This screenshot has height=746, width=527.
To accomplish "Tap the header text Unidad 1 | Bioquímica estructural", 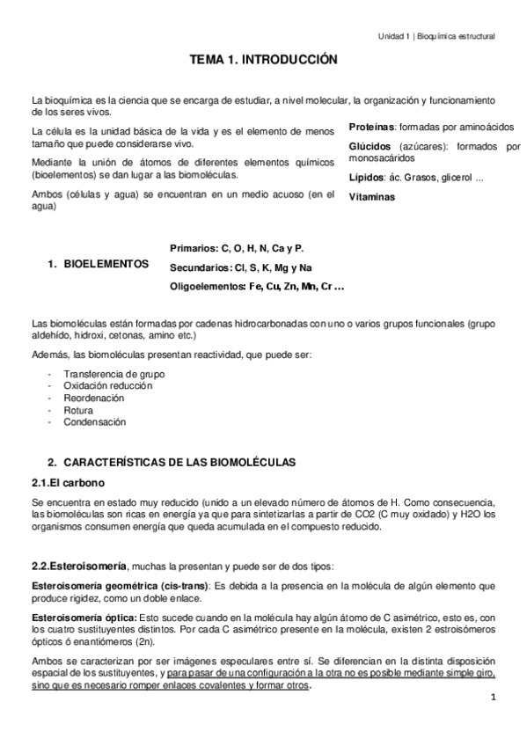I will (436, 36).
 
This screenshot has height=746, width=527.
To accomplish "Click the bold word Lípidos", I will (366, 179).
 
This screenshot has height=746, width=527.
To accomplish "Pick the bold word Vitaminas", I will (372, 197).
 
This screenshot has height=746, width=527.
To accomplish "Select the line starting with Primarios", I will (237, 248).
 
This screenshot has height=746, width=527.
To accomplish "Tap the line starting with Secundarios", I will (240, 267).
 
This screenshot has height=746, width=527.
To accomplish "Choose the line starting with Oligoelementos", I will (256, 286).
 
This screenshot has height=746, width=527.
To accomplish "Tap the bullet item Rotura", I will (78, 409).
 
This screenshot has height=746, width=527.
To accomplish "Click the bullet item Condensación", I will (94, 421).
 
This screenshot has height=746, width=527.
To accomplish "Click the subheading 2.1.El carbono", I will (69, 482).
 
